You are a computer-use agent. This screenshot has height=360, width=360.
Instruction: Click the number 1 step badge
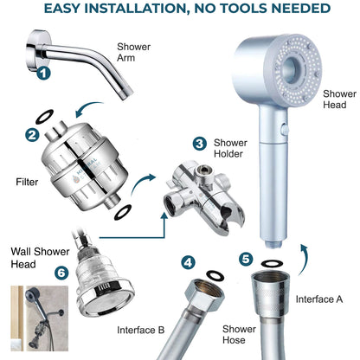(x=43, y=74)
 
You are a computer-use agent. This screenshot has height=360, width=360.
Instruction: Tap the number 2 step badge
(x=31, y=134)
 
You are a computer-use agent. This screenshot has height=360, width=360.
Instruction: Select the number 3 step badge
(x=199, y=144)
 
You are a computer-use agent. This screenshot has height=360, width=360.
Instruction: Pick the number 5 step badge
(x=247, y=258)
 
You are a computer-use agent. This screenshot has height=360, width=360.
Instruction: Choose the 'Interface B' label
(x=141, y=330)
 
